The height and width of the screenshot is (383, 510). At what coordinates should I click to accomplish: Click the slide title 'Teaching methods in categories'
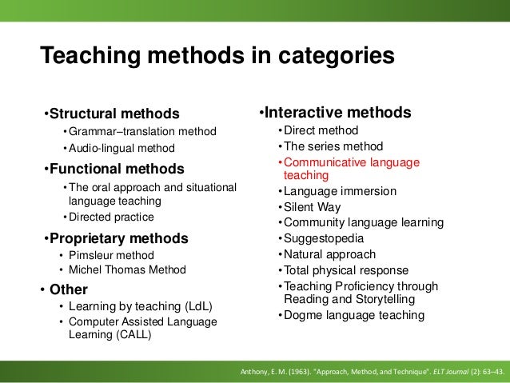pyautogui.click(x=217, y=56)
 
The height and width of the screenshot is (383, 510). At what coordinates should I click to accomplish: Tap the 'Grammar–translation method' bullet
pyautogui.click(x=138, y=131)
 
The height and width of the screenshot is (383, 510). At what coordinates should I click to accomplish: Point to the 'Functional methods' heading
pyautogui.click(x=114, y=169)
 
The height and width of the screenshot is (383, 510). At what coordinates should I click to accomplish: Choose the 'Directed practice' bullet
pyautogui.click(x=108, y=217)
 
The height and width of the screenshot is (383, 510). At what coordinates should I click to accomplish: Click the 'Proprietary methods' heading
pyautogui.click(x=116, y=238)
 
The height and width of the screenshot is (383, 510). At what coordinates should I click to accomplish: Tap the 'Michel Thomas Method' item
pyautogui.click(x=127, y=269)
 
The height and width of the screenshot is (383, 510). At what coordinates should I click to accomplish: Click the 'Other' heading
pyautogui.click(x=69, y=289)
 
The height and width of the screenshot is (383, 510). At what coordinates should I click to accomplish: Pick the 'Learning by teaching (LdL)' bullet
pyautogui.click(x=141, y=306)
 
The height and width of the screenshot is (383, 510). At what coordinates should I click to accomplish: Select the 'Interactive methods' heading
pyautogui.click(x=337, y=112)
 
